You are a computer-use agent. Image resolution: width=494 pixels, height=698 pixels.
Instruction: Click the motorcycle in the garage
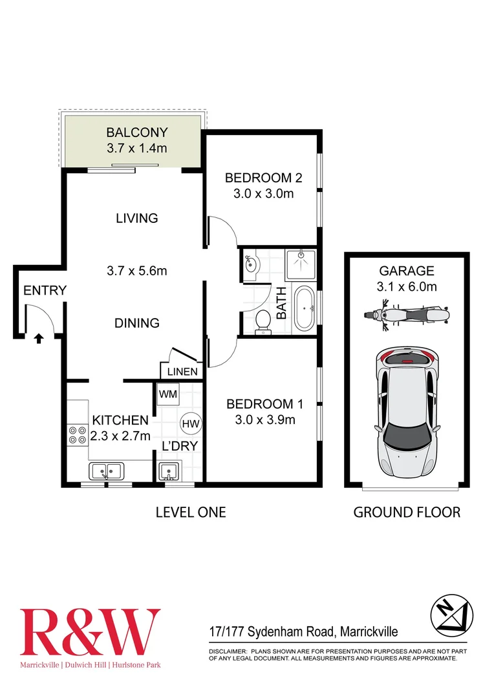pyautogui.click(x=406, y=316)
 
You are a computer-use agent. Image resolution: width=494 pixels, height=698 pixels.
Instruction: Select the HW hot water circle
pyautogui.click(x=190, y=423)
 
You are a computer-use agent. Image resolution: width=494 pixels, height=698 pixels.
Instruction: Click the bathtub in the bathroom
pyautogui.click(x=304, y=308)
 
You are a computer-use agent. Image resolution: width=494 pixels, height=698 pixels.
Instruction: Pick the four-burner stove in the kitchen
pyautogui.click(x=78, y=434)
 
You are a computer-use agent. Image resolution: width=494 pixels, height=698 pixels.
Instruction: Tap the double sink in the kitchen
pyautogui.click(x=107, y=471)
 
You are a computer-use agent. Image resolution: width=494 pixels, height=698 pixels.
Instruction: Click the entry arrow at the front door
pyautogui.click(x=39, y=337)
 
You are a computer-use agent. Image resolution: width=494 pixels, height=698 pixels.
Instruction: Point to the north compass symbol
pyautogui.click(x=451, y=613)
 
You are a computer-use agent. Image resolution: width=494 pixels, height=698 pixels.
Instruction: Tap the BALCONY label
pyautogui.click(x=136, y=132)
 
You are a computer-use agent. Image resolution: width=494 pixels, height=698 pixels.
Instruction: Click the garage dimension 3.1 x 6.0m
pyautogui.click(x=406, y=286)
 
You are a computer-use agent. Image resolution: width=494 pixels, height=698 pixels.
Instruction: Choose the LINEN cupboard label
pyautogui.click(x=182, y=372)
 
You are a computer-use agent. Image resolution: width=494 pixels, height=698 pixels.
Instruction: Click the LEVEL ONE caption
pyautogui.click(x=191, y=513)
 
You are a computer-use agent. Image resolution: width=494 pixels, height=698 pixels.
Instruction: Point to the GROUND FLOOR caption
pyautogui.click(x=407, y=513)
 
